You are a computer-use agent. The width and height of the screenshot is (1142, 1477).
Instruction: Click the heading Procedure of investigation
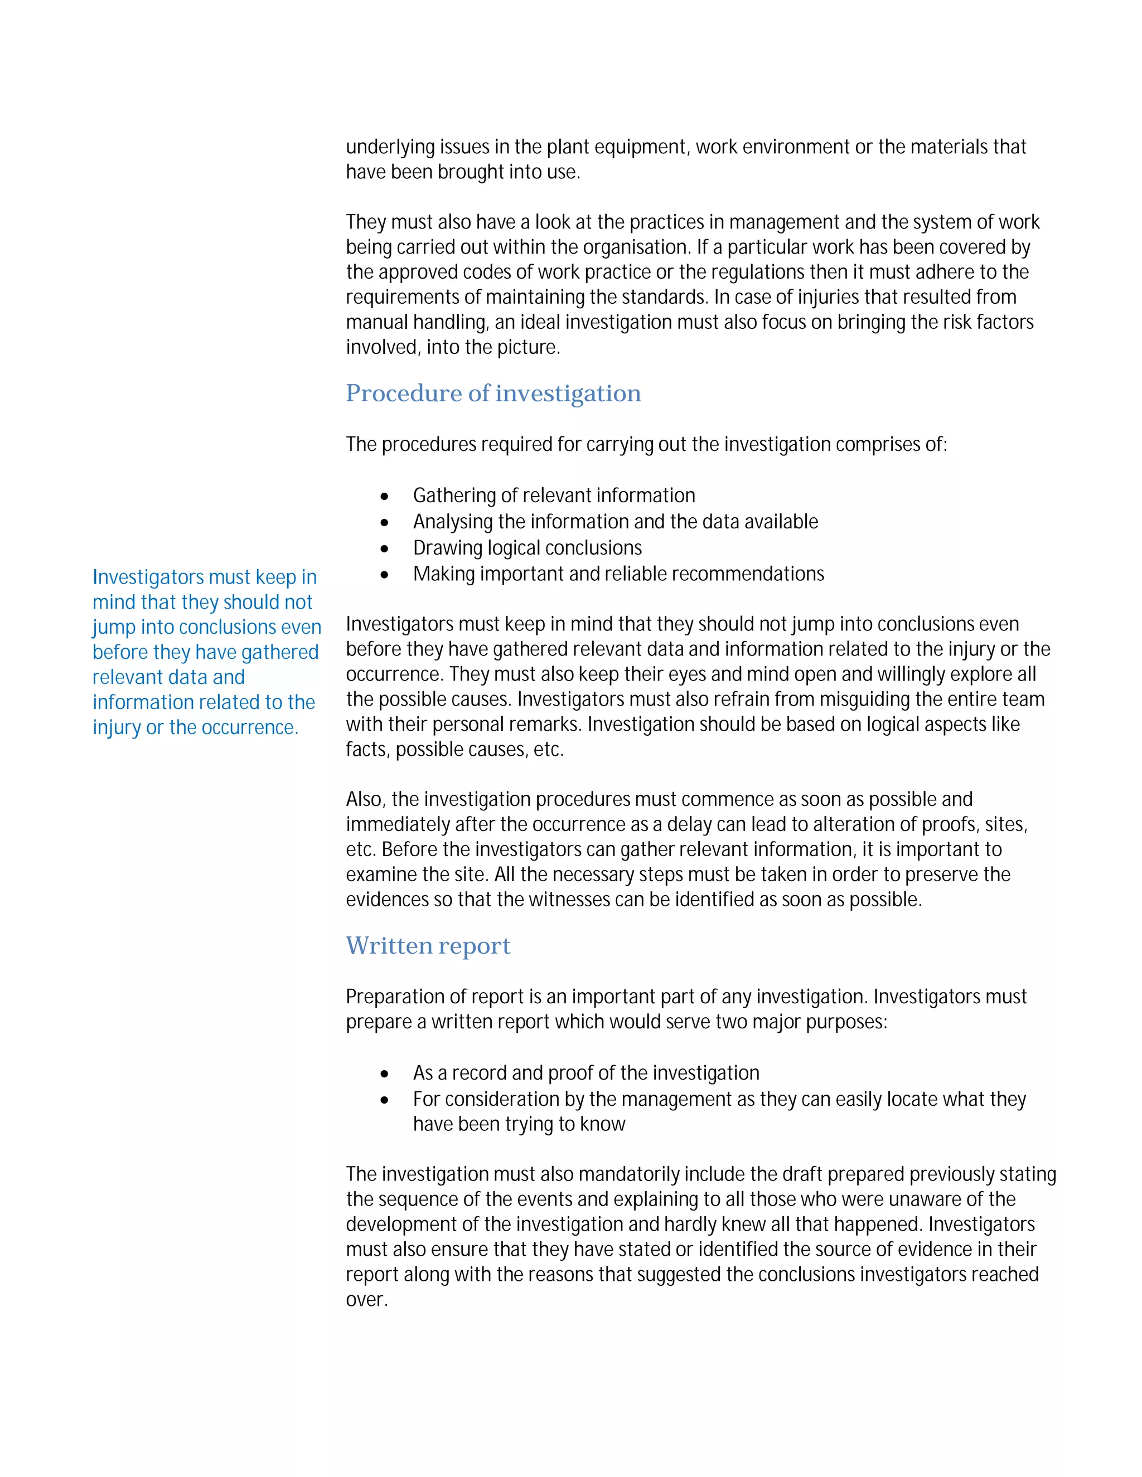(x=493, y=393)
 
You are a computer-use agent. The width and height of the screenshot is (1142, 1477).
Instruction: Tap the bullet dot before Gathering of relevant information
(x=385, y=497)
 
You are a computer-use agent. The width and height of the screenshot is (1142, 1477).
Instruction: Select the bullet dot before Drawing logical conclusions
(x=385, y=548)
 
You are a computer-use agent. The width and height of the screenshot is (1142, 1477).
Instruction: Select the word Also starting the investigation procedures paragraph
(x=365, y=799)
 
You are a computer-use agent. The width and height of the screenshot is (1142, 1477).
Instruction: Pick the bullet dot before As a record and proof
(x=385, y=1074)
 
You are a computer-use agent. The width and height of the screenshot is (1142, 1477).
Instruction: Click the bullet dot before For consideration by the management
(x=385, y=1100)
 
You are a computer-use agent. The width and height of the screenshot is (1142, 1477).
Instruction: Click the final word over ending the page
(x=365, y=1300)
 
